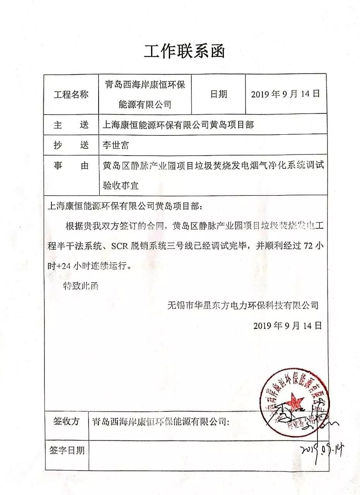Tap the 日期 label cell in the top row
[x=219, y=94]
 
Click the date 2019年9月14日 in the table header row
[x=285, y=94]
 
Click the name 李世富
[x=116, y=145]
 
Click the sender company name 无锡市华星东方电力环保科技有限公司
[x=243, y=305]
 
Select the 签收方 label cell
[x=66, y=421]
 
